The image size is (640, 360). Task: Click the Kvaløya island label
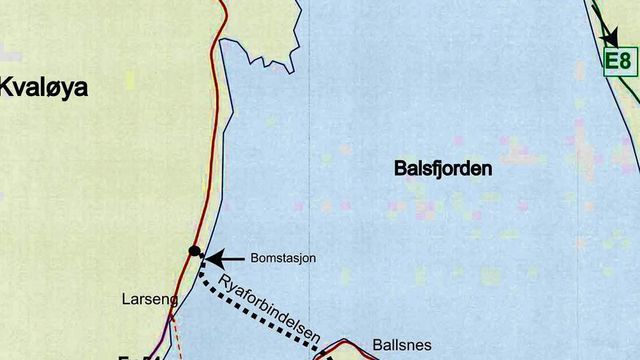pyautogui.click(x=45, y=88)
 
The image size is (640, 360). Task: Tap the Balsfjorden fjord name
pyautogui.click(x=442, y=170)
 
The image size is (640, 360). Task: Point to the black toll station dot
pyautogui.click(x=194, y=251)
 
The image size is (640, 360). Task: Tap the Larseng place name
pyautogui.click(x=149, y=298)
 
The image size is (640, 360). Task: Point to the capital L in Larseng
pyautogui.click(x=125, y=298)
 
